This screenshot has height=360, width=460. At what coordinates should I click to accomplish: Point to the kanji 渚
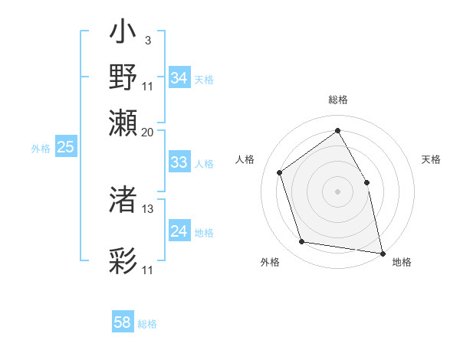pos(123,200)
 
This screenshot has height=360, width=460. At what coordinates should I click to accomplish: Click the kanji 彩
pos(123,261)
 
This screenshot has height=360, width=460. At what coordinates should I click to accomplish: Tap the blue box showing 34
pos(179,78)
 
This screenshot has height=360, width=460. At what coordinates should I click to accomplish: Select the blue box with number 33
pos(179,162)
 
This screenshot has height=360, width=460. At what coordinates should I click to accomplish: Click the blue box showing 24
pos(179,231)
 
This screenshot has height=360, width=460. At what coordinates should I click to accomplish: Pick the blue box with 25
pos(65,147)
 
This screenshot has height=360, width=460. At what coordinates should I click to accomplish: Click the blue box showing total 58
pos(123,322)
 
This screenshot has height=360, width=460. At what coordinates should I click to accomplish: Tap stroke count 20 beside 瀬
pos(148,132)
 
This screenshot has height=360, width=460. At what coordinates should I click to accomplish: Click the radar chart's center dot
pos(337,191)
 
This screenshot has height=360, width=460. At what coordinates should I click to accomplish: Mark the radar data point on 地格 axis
pos(381,252)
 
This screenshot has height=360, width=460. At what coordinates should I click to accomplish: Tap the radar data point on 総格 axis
pos(337,130)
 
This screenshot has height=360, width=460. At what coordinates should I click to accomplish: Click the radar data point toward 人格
pos(280,172)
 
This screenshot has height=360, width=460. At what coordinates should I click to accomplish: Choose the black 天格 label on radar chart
pos(431,159)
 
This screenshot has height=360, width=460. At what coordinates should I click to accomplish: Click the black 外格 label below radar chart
pos(270,263)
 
